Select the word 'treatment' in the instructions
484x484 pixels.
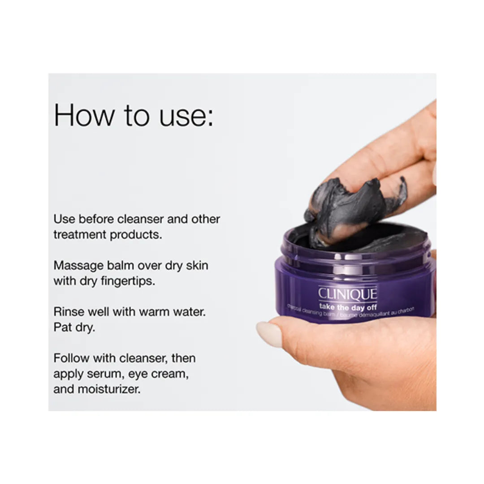[x=80, y=234]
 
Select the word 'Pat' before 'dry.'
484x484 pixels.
[x=61, y=327]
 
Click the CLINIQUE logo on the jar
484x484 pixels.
[x=347, y=294]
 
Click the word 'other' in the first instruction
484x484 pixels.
[x=206, y=219]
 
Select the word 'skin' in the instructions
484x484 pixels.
[x=197, y=265]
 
